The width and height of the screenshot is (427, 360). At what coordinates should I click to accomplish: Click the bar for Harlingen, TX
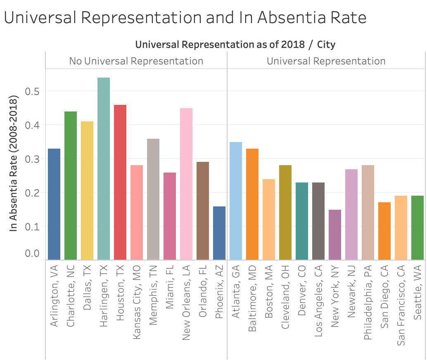click(104, 168)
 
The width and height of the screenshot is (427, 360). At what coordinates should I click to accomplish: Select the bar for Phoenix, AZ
click(219, 233)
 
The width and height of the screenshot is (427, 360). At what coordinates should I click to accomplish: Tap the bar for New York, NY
click(334, 235)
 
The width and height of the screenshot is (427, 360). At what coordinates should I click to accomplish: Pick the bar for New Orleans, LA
click(186, 184)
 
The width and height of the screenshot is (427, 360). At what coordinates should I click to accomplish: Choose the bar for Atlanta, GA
click(236, 201)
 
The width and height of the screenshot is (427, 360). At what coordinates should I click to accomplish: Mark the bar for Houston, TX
click(120, 182)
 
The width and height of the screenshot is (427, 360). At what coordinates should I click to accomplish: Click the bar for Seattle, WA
click(418, 227)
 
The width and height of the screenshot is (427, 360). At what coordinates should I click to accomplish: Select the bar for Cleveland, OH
click(285, 212)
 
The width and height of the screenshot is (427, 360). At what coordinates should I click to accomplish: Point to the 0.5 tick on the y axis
click(32, 92)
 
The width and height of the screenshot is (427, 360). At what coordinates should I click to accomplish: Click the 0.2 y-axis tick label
click(32, 193)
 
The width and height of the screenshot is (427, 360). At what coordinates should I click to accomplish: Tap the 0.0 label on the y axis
click(32, 253)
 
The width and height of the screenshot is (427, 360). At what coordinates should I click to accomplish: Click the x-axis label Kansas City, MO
click(137, 302)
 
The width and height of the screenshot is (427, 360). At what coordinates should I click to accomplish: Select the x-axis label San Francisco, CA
click(401, 305)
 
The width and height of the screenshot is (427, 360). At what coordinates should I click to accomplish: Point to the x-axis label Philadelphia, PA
click(368, 302)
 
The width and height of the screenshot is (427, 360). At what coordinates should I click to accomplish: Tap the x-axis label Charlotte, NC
click(71, 296)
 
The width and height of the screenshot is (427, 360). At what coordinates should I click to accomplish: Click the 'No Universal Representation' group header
click(136, 61)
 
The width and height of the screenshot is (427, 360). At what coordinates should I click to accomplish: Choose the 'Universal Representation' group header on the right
click(326, 61)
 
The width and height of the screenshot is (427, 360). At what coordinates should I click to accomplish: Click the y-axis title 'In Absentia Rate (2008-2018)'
click(13, 163)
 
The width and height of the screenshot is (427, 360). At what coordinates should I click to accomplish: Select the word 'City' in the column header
click(326, 45)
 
